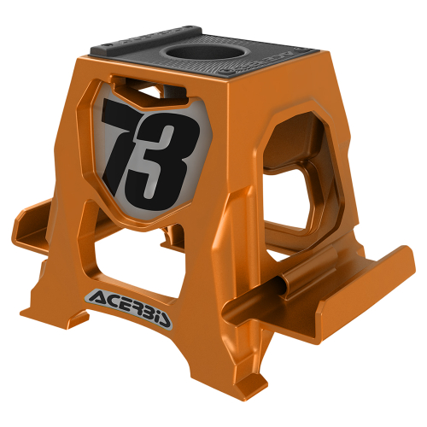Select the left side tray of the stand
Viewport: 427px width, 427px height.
tap(38, 225)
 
